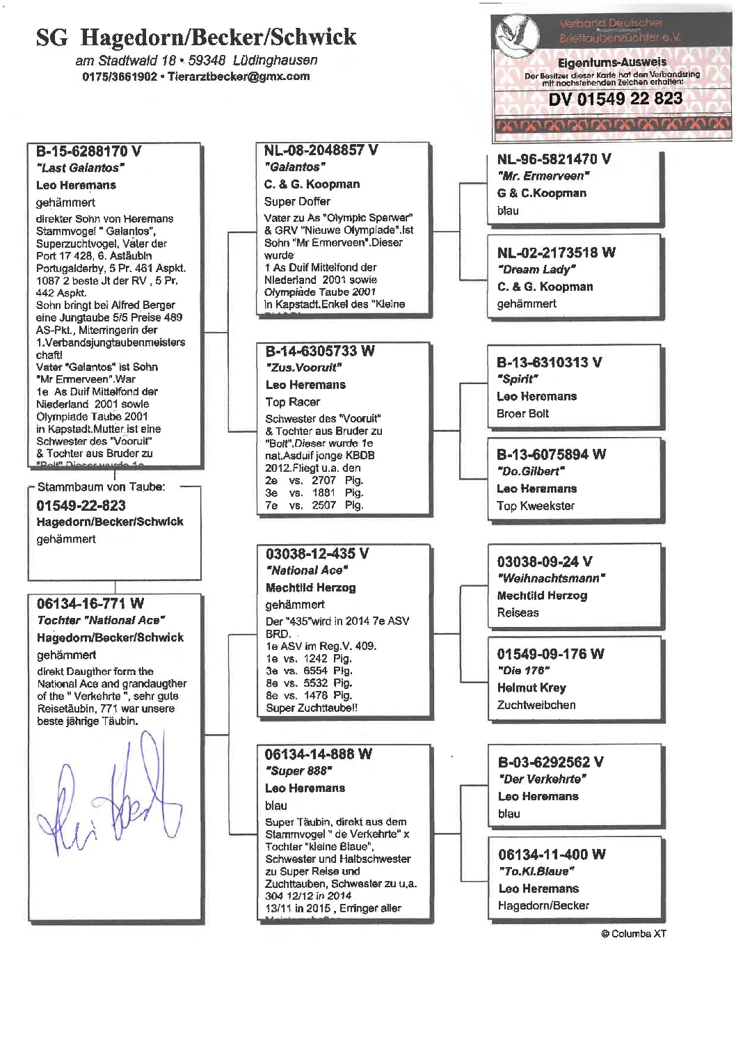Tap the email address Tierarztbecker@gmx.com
pos(238,77)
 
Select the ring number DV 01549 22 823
pos(615,99)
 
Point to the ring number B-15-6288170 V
pos(88,151)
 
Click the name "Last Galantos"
pos(80,168)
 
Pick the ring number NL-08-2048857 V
pos(321,150)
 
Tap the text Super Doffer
pos(297,202)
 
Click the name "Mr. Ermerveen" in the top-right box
pos(543,176)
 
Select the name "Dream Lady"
pos(536,269)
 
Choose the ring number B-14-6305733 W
pos(320,351)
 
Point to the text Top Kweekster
pos(536,506)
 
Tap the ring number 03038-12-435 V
pos(317,554)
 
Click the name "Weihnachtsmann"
pos(551,578)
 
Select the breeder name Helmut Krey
pos(531,688)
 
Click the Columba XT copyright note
pos(633,934)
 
